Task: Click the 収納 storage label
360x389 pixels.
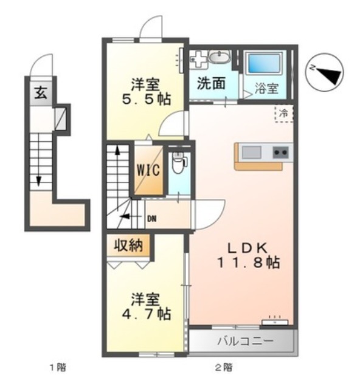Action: [x=128, y=246]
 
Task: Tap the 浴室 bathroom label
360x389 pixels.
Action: [x=266, y=88]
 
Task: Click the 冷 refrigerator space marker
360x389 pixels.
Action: [x=283, y=112]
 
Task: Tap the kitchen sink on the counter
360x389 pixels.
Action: [x=251, y=151]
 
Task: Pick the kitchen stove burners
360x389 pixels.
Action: [x=280, y=151]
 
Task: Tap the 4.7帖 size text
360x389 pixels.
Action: [x=146, y=314]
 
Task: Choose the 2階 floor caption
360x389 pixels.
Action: [x=223, y=367]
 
